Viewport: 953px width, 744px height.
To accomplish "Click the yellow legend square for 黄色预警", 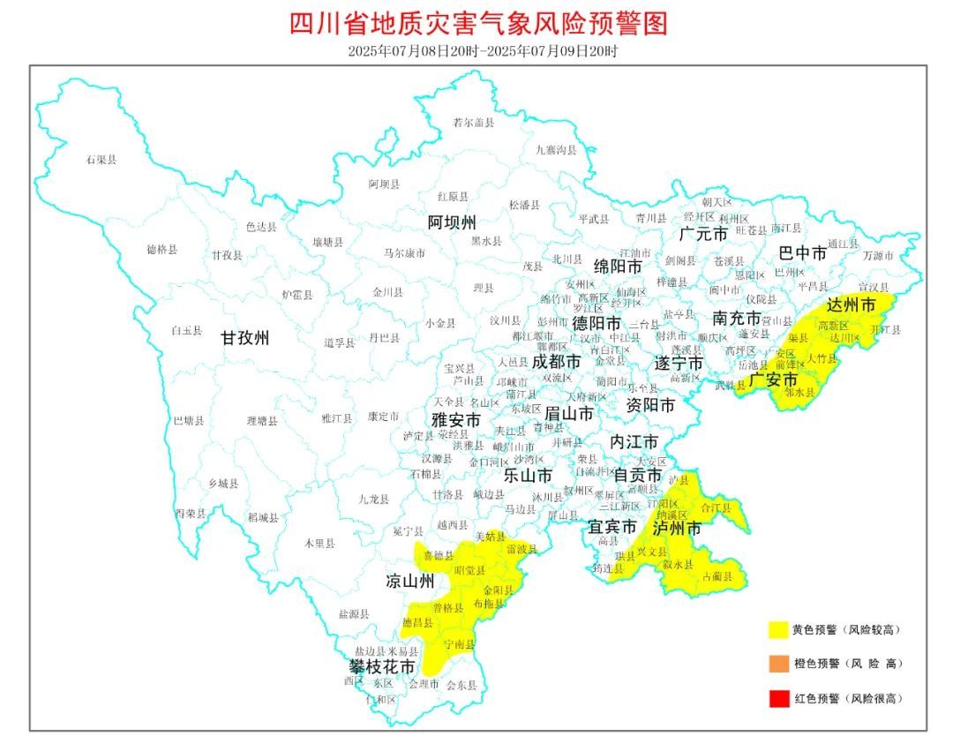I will tap(777, 629).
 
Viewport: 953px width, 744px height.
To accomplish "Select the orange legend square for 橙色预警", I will tap(777, 664).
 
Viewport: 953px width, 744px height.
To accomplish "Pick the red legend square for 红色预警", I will tap(777, 698).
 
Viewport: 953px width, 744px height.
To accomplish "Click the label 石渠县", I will tap(101, 160).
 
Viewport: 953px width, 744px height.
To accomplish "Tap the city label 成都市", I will tap(557, 362).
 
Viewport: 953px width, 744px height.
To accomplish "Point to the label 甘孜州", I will tap(245, 337).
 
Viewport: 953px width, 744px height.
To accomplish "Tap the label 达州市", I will tap(852, 305).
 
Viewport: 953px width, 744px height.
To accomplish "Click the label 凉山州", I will tap(410, 581).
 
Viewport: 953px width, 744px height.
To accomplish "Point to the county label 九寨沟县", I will tap(556, 150).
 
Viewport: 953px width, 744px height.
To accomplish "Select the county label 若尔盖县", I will tap(473, 123).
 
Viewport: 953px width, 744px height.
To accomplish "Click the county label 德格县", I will tap(162, 250).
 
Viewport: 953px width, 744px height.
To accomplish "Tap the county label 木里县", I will tap(319, 544).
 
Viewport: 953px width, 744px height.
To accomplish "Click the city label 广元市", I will tap(703, 234).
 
